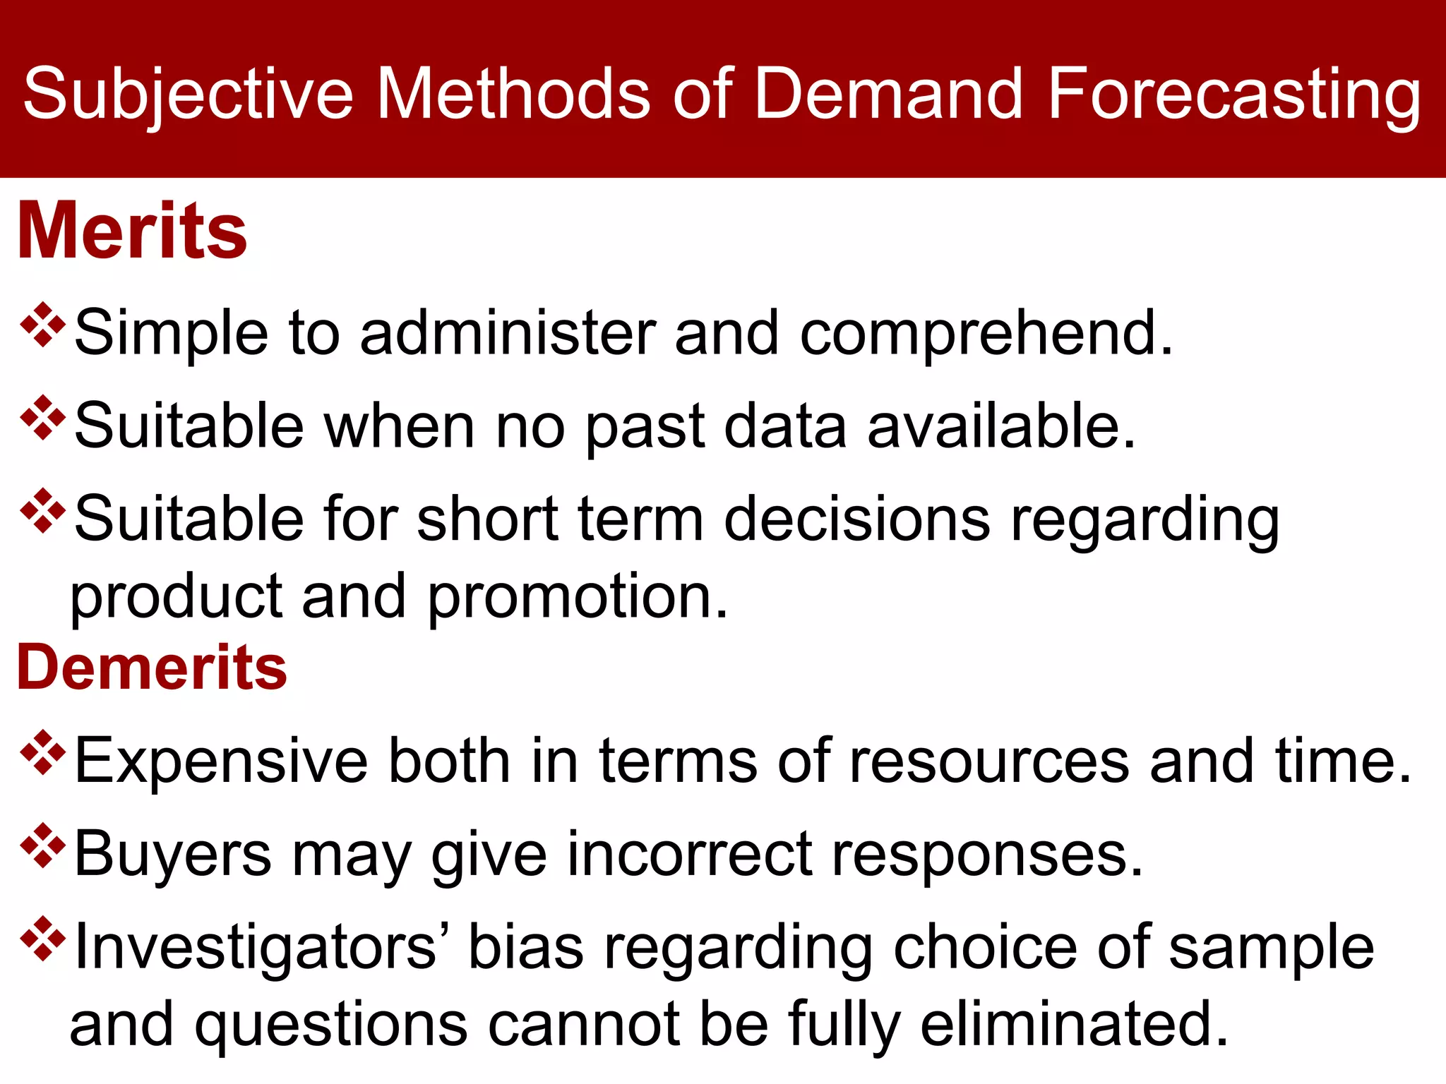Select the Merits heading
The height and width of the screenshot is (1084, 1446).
[132, 231]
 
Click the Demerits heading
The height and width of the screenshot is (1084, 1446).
[152, 667]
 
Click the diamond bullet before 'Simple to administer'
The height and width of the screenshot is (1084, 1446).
[43, 325]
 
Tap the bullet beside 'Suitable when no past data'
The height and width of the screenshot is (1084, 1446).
[43, 418]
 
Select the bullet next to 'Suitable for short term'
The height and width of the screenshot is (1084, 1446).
[43, 511]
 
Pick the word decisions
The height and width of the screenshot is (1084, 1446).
[857, 519]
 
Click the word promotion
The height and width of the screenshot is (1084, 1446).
[577, 597]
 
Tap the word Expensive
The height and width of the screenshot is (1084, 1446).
[221, 761]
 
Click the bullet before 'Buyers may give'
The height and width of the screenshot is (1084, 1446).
[43, 845]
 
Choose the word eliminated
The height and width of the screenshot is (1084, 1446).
[1075, 1025]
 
